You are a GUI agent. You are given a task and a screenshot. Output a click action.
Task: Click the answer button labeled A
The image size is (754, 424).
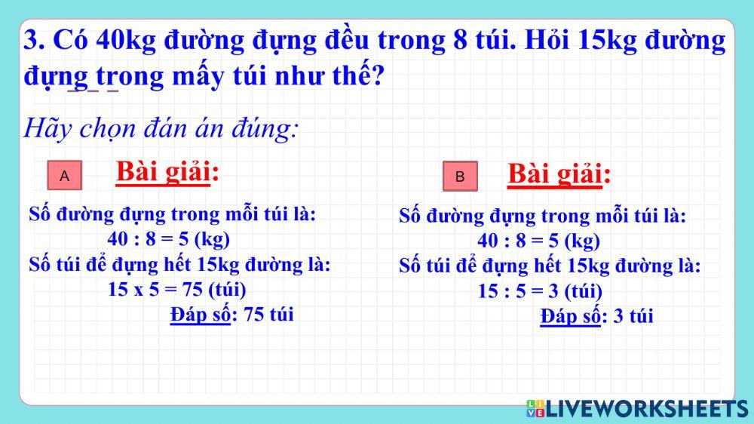pyautogui.click(x=65, y=176)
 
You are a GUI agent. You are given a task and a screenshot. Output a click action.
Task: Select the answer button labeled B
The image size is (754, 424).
pyautogui.click(x=460, y=177)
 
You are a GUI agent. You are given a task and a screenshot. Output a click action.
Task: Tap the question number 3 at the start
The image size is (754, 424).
pyautogui.click(x=32, y=40)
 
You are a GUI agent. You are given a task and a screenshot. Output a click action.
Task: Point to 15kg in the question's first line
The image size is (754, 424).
pyautogui.click(x=608, y=40)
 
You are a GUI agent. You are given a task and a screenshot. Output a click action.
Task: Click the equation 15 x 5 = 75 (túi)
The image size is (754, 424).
pyautogui.click(x=177, y=289)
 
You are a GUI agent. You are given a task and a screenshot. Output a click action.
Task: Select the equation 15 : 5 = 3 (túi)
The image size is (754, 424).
pyautogui.click(x=540, y=291)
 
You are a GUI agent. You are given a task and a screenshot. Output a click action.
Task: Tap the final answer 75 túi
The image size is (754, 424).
pyautogui.click(x=269, y=314)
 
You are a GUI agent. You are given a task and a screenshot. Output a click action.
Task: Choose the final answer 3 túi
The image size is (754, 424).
pyautogui.click(x=633, y=316)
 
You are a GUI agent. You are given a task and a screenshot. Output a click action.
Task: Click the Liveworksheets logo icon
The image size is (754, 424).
pyautogui.click(x=535, y=409)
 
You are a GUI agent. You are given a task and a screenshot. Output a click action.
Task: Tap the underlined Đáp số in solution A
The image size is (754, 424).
pyautogui.click(x=200, y=314)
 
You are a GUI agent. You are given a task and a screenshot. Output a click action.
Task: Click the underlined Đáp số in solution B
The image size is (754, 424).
pyautogui.click(x=570, y=316)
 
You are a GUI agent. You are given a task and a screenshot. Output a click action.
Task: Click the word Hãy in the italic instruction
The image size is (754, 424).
pyautogui.click(x=46, y=128)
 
